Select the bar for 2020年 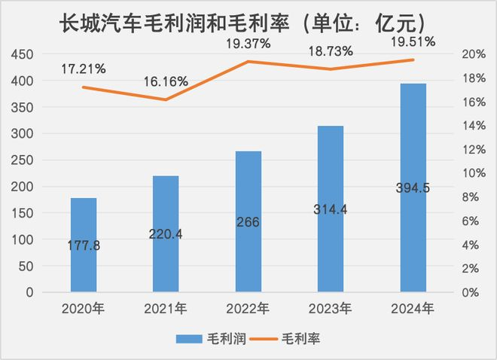[x=84, y=245]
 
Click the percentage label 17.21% [x=83, y=69]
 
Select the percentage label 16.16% [x=166, y=81]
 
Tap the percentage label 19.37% [x=248, y=44]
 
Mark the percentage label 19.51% [x=413, y=42]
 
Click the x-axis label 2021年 [x=166, y=308]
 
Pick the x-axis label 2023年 [x=331, y=308]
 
